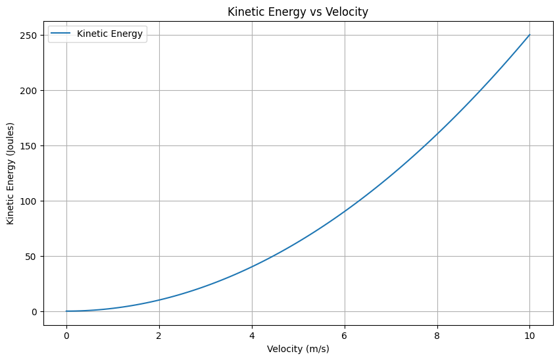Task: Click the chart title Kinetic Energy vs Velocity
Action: [298, 11]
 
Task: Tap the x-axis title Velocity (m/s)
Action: [298, 349]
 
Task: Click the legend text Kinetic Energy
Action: [110, 34]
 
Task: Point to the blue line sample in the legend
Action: [61, 34]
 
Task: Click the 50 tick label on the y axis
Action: [32, 256]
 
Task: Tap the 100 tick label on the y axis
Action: [29, 201]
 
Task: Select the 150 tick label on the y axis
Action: [29, 145]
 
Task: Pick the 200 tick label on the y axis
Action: [29, 90]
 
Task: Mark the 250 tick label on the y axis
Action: [29, 35]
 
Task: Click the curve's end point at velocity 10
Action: [530, 35]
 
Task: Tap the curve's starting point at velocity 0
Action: [66, 311]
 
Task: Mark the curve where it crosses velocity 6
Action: [345, 212]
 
